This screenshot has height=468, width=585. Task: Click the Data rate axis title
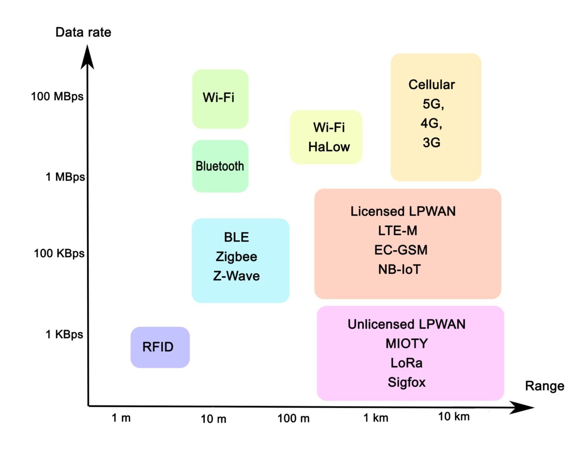[83, 32]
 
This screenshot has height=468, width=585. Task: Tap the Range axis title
[544, 386]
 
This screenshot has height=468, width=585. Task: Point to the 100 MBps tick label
[57, 97]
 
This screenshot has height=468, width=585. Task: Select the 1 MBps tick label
[65, 177]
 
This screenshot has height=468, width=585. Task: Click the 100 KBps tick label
[59, 253]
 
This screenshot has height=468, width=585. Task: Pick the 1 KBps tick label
[64, 335]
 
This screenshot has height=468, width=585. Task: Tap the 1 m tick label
[121, 418]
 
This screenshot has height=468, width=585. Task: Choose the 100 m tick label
[293, 418]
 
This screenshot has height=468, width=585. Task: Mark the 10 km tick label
[454, 416]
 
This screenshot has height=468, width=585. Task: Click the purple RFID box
[160, 347]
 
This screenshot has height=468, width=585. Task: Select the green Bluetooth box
[220, 166]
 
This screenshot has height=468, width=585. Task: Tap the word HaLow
[329, 147]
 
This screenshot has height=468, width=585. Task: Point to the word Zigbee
[236, 257]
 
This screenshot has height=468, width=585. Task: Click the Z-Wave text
[236, 276]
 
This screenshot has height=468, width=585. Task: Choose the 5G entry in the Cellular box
[432, 104]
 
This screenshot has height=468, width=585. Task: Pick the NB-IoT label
[399, 269]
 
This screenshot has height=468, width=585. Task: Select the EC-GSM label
[401, 250]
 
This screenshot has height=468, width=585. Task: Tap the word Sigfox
[407, 382]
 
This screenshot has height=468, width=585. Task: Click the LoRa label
[406, 363]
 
